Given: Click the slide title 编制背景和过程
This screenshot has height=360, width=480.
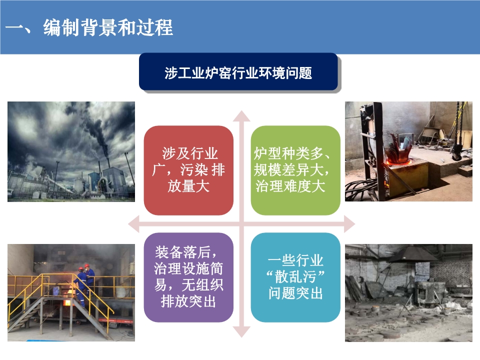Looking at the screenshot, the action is click(108, 27).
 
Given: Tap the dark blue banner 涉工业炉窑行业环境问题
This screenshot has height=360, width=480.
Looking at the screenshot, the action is click(238, 71).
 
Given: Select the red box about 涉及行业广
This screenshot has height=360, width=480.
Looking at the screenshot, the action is click(188, 170).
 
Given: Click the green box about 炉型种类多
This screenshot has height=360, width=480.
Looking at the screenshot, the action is click(295, 170).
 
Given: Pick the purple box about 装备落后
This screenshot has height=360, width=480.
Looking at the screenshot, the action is click(188, 277).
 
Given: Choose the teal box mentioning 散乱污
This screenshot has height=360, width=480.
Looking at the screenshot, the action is click(295, 277).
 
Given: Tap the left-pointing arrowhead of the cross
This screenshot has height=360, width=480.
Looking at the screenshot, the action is click(133, 224).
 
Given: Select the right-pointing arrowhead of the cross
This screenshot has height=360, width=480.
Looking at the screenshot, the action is click(349, 224).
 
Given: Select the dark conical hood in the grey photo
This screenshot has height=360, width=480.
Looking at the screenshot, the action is click(411, 254).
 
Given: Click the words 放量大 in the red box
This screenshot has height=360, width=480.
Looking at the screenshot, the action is click(188, 186).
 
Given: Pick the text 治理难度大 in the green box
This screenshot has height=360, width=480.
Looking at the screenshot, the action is click(290, 186).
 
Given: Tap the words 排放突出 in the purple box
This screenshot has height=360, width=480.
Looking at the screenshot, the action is click(188, 301).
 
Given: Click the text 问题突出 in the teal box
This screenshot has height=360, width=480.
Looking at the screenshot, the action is click(295, 293).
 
